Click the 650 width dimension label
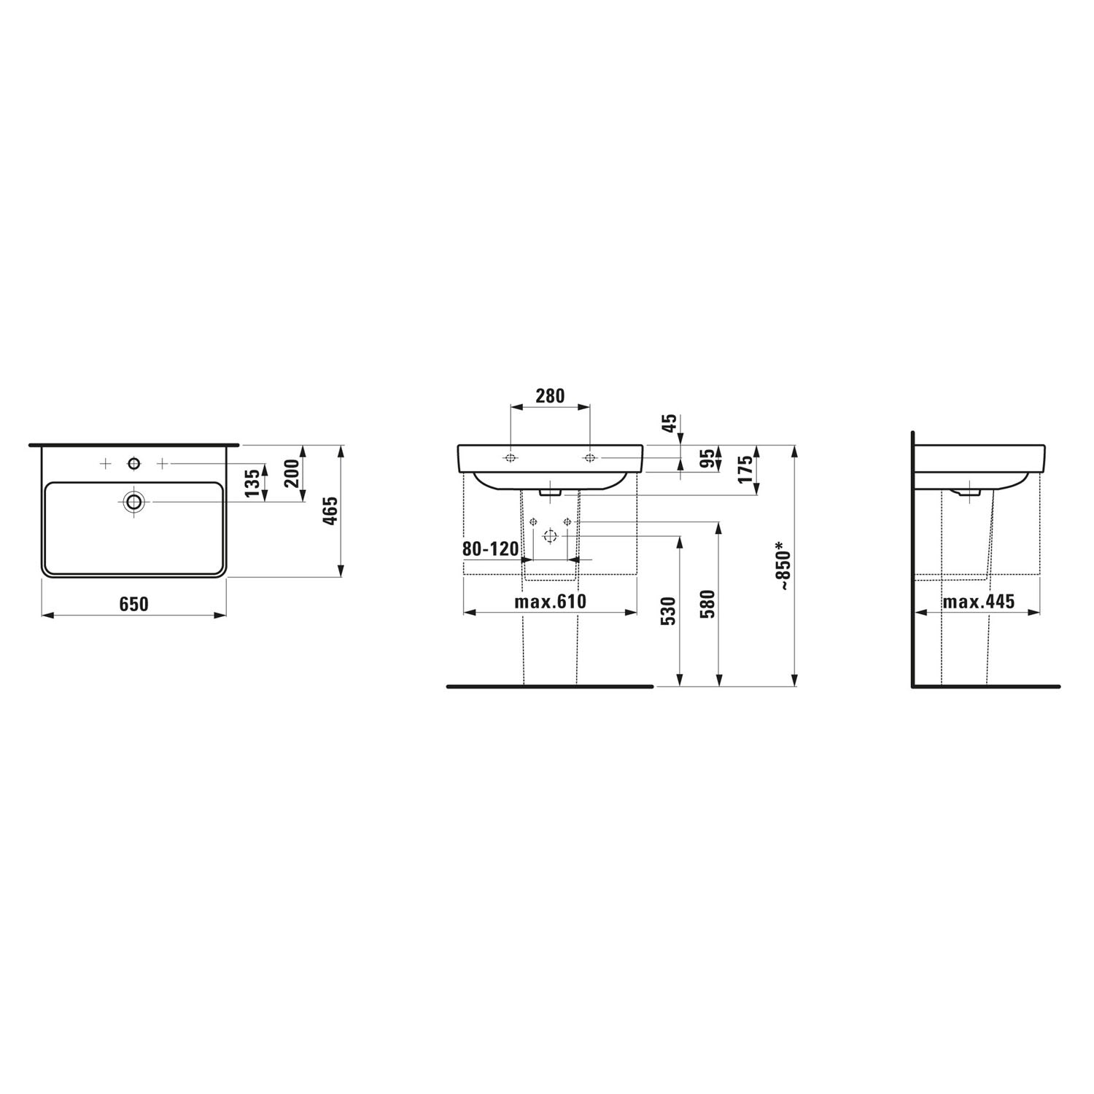[134, 604]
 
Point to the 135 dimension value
[252, 484]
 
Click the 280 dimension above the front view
[550, 396]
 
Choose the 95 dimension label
[706, 459]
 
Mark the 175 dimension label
[744, 470]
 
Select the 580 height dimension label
[708, 603]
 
